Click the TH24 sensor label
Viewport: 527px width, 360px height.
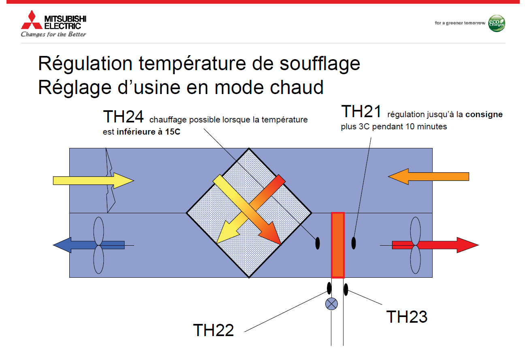pyautogui.click(x=123, y=116)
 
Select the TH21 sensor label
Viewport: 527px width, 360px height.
pyautogui.click(x=361, y=111)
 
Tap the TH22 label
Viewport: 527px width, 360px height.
pyautogui.click(x=213, y=330)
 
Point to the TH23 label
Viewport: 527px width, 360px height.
pyautogui.click(x=407, y=317)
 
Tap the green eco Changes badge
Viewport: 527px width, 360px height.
pyautogui.click(x=496, y=23)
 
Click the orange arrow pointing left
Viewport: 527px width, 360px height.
pyautogui.click(x=429, y=177)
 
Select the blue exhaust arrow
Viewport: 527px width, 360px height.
pyautogui.click(x=89, y=245)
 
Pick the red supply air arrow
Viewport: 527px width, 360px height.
pyautogui.click(x=435, y=245)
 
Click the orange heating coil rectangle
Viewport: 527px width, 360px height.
pyautogui.click(x=338, y=245)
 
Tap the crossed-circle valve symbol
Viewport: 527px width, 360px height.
pyautogui.click(x=331, y=304)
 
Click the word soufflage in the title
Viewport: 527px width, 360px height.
pyautogui.click(x=320, y=64)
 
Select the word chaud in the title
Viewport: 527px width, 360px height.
pyautogui.click(x=297, y=87)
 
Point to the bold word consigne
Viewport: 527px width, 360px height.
pyautogui.click(x=484, y=114)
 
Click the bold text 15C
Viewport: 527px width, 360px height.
pyautogui.click(x=173, y=132)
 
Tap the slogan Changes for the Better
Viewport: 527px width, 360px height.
pyautogui.click(x=53, y=34)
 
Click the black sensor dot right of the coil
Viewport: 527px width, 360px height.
pyautogui.click(x=354, y=243)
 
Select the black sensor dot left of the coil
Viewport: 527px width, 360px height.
pyautogui.click(x=318, y=243)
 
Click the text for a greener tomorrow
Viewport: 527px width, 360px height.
pyautogui.click(x=460, y=23)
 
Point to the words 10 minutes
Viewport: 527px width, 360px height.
pyautogui.click(x=426, y=126)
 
